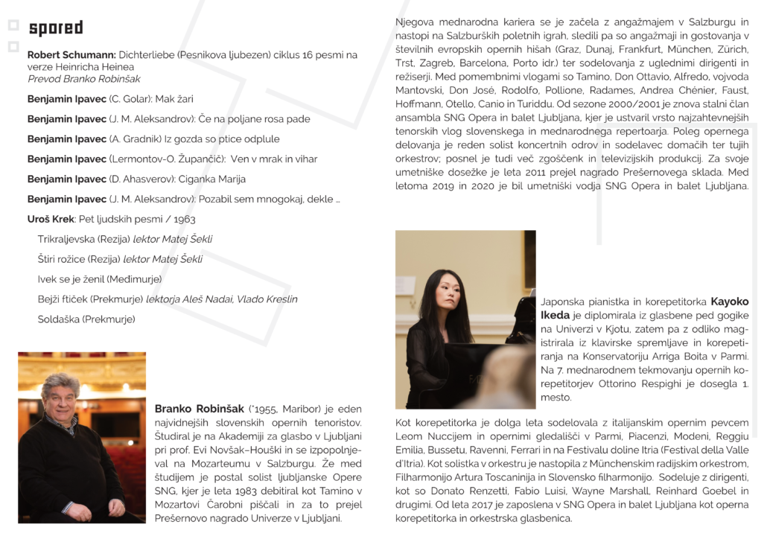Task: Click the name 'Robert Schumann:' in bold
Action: pos(71,55)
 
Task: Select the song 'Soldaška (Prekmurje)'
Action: pos(86,319)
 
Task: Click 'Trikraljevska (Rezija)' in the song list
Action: pos(83,239)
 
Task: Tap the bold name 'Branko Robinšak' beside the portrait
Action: pos(199,409)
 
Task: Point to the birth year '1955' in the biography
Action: pos(264,409)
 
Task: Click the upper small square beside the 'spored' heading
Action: pos(13,25)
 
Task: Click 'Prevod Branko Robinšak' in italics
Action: pos(83,78)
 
